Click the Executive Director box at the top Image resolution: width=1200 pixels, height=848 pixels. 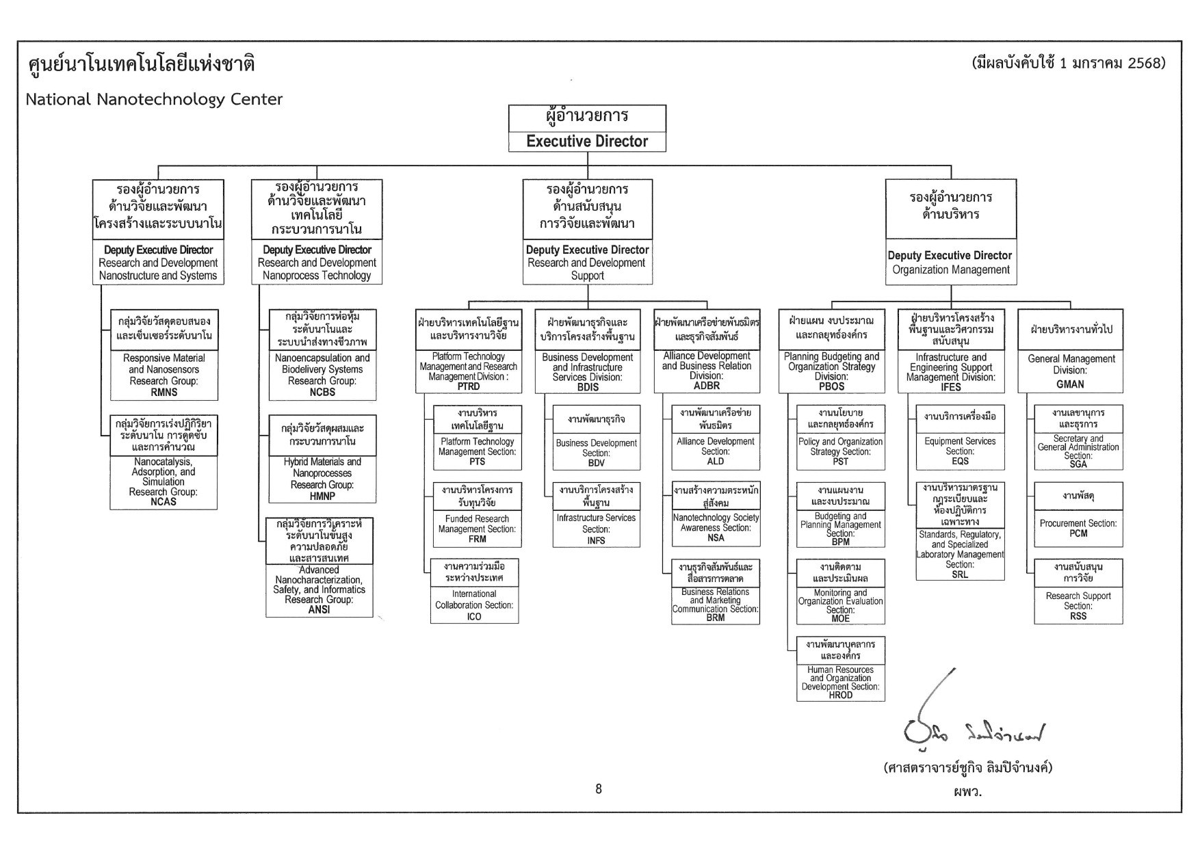click(x=587, y=129)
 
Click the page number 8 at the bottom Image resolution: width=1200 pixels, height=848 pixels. click(x=599, y=789)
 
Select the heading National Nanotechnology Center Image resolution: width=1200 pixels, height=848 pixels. click(x=154, y=99)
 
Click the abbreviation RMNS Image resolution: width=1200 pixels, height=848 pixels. click(x=164, y=393)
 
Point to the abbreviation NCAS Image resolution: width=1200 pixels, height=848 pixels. click(x=164, y=502)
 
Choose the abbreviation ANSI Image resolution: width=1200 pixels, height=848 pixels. click(x=319, y=610)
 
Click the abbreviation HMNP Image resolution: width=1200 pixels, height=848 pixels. click(x=322, y=496)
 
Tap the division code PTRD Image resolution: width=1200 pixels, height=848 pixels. click(x=469, y=387)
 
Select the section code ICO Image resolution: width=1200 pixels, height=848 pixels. click(x=474, y=616)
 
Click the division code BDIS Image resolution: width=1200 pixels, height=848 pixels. click(x=588, y=388)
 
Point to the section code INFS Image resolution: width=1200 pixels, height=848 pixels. click(x=596, y=540)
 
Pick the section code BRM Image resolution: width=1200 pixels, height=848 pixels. click(x=716, y=618)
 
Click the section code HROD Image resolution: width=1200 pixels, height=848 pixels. click(x=841, y=695)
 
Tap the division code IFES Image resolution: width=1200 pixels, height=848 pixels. click(x=951, y=387)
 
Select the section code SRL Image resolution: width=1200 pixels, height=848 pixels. click(x=960, y=574)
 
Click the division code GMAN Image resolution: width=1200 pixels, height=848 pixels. click(x=1070, y=384)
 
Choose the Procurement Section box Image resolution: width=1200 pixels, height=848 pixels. click(x=1078, y=528)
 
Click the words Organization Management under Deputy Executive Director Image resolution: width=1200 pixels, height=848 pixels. click(x=951, y=269)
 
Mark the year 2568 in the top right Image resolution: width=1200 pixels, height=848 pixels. click(x=1146, y=64)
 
